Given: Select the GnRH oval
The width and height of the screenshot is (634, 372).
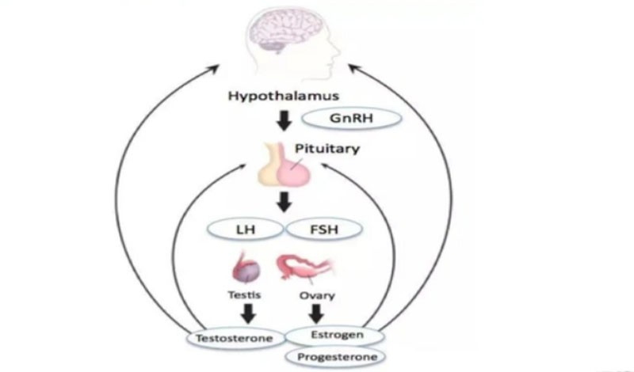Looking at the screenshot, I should pos(353,120).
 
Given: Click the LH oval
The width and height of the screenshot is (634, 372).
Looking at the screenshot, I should pos(246,230).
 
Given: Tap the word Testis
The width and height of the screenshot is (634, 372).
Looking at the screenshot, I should pos(241,297).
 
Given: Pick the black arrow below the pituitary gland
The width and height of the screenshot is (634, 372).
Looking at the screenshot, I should pos(283,203).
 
